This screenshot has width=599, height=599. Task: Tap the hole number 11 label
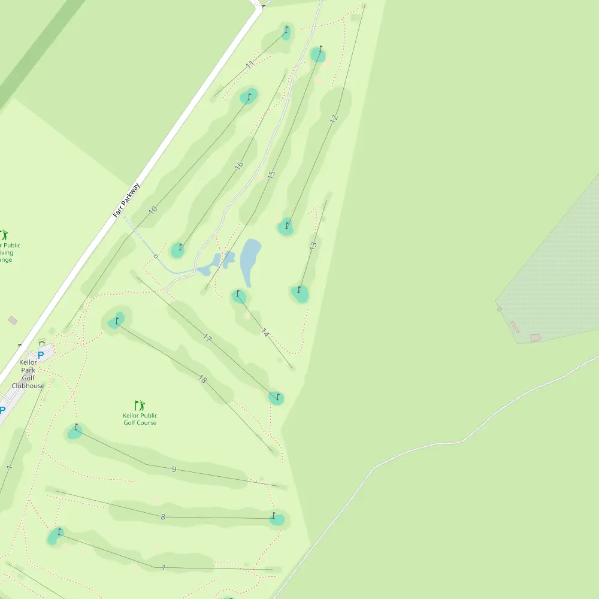(250, 63)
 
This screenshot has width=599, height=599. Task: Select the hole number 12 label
(334, 118)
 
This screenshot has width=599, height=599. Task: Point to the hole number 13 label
(313, 246)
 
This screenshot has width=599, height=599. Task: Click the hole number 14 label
(265, 332)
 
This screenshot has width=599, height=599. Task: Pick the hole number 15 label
(271, 175)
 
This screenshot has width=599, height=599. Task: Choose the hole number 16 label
(239, 165)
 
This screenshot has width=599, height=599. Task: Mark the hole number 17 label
(207, 338)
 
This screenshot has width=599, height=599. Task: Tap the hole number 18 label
(202, 379)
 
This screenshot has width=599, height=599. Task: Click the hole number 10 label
(153, 210)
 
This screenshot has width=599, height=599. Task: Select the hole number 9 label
(174, 469)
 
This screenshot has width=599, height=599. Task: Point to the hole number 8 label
(163, 516)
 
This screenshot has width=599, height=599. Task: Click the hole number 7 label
(163, 567)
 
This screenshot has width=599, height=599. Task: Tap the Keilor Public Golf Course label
(140, 419)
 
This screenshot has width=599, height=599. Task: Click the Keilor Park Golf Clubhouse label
(28, 374)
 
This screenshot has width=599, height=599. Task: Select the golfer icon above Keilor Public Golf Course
(140, 406)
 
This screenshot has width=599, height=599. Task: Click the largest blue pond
(250, 259)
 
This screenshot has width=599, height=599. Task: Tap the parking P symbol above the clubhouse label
(41, 355)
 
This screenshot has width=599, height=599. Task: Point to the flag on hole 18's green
(117, 320)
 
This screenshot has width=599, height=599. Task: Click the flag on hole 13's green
(299, 290)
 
